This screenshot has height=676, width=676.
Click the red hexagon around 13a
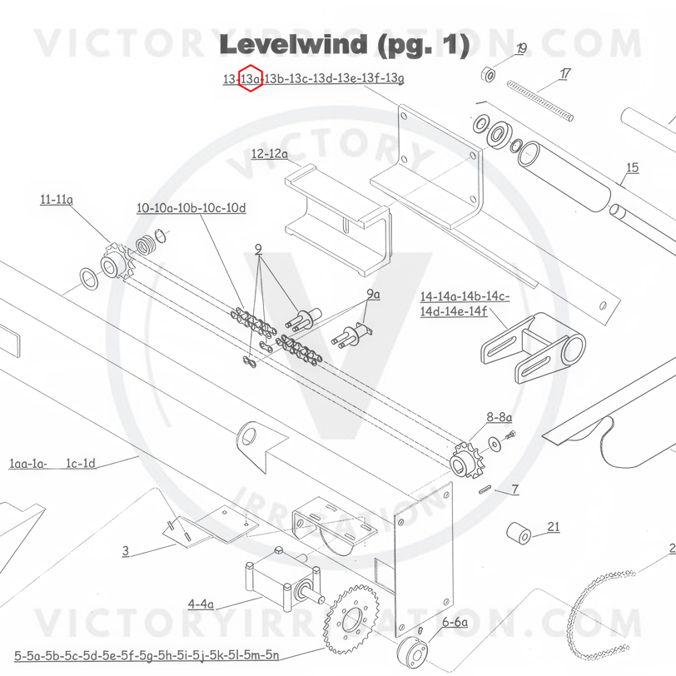(x=251, y=79)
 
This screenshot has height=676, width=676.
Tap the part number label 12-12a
(x=270, y=154)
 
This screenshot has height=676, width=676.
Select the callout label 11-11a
(x=56, y=200)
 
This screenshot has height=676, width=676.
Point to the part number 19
(x=521, y=49)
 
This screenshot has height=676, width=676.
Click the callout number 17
(x=565, y=74)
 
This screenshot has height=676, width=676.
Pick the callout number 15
(x=632, y=168)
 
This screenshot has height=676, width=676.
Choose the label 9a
(x=373, y=294)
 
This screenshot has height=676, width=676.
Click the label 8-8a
(x=500, y=415)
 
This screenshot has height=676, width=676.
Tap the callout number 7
(x=515, y=490)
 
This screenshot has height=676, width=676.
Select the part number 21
(x=554, y=526)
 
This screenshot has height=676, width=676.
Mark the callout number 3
(x=126, y=550)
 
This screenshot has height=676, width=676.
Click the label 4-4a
(x=201, y=604)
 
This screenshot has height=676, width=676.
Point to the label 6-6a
(x=455, y=622)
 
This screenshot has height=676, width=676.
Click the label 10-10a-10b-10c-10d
(x=191, y=208)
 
